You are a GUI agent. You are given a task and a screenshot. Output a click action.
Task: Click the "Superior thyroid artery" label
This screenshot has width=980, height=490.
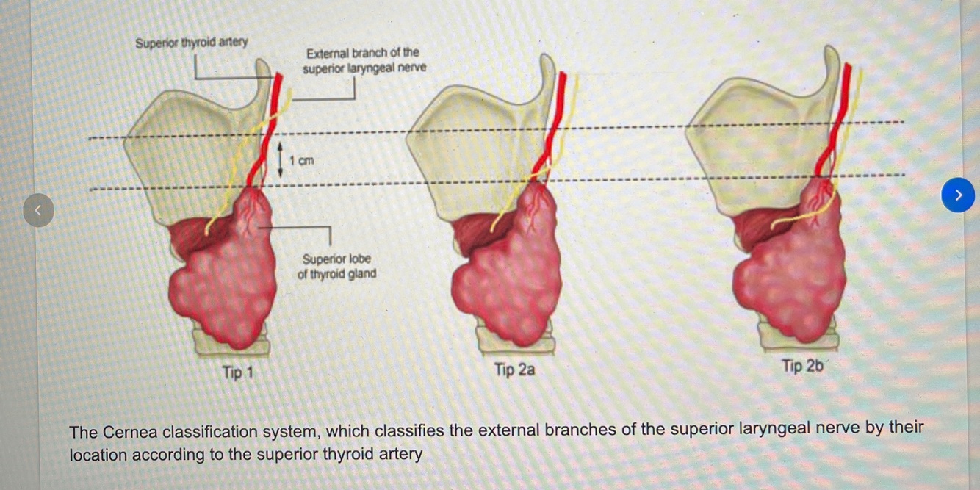[192, 43]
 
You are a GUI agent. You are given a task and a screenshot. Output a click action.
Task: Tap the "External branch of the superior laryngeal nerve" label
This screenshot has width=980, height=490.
[364, 60]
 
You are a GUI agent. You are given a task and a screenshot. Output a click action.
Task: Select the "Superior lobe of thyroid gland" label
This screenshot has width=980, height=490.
[336, 266]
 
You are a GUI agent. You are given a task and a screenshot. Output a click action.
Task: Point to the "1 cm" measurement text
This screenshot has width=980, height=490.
[301, 160]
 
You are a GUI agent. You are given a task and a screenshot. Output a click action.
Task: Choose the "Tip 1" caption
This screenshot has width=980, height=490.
[237, 372]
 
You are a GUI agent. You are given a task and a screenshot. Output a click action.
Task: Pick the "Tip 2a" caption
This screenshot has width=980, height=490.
[514, 370]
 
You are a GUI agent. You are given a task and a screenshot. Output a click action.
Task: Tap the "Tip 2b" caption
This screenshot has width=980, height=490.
[801, 366]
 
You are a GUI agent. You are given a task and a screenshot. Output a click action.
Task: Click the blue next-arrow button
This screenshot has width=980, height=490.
[957, 195]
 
